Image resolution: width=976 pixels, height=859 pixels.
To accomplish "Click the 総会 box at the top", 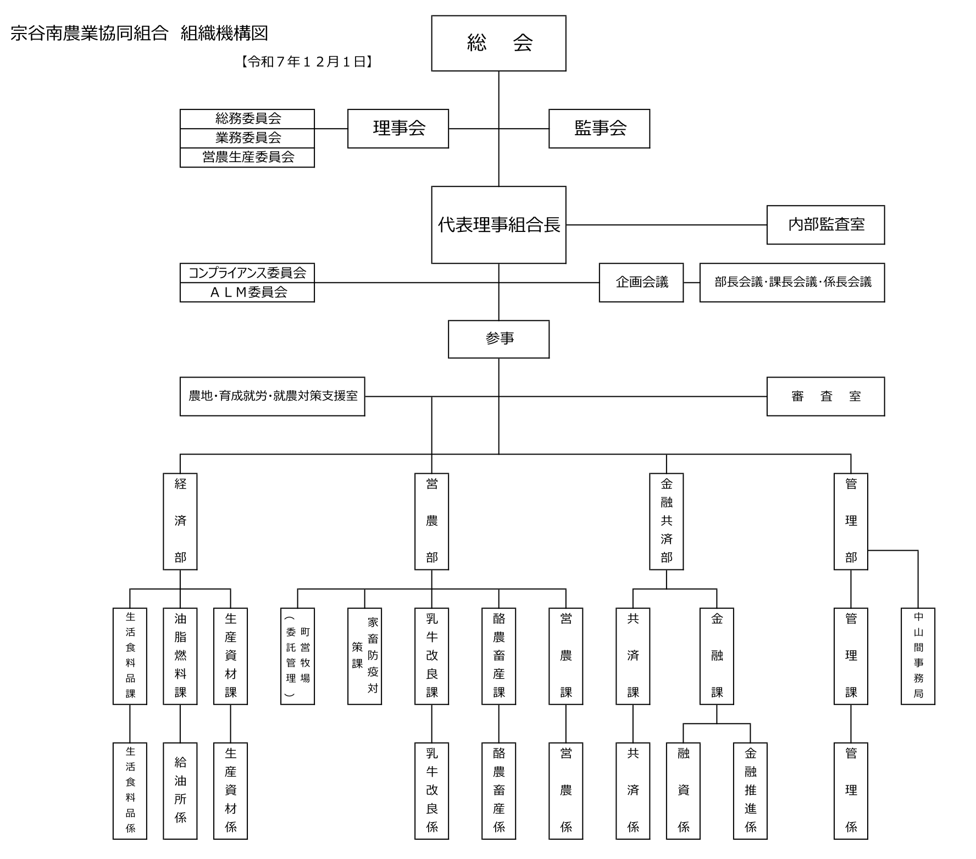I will (498, 43).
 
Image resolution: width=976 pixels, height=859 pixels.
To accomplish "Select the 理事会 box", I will (398, 129).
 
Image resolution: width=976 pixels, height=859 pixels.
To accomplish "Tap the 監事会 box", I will (599, 129).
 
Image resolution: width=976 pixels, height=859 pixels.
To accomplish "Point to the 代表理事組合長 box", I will (498, 225).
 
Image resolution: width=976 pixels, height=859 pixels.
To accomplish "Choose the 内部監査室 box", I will (825, 225).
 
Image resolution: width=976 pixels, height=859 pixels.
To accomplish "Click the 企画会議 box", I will (641, 282).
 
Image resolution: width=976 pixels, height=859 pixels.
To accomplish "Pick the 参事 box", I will (498, 339).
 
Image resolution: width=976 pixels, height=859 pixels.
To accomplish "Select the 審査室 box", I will (825, 396).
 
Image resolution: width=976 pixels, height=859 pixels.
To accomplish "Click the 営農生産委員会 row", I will (247, 158).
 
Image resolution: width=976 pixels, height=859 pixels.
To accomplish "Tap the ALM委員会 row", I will (247, 292).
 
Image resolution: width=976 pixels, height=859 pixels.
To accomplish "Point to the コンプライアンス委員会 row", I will (247, 273).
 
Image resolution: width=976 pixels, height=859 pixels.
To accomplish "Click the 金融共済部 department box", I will (666, 521).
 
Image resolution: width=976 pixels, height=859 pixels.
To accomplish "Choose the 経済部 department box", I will (180, 521).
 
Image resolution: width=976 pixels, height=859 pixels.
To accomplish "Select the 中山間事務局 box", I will (918, 656).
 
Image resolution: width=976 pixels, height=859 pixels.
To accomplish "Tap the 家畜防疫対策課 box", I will (364, 656).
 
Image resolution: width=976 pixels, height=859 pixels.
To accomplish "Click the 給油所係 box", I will (180, 790).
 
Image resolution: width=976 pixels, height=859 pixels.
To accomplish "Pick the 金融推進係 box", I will (750, 790).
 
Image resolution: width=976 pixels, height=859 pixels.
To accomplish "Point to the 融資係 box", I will (683, 790).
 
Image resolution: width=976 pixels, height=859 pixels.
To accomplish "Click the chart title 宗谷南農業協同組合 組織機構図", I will (140, 34).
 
